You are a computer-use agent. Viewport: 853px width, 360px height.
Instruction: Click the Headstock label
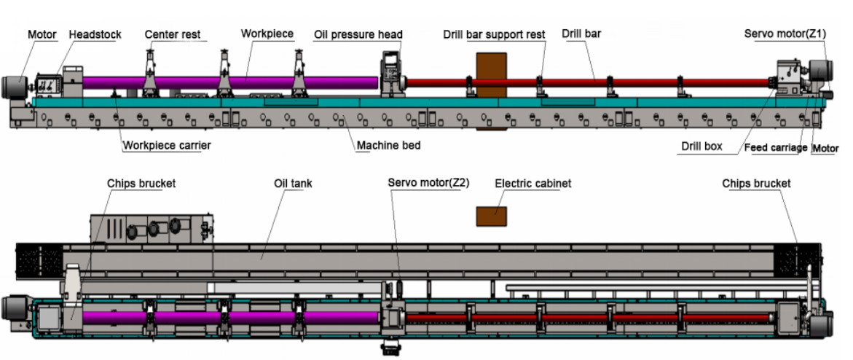95,34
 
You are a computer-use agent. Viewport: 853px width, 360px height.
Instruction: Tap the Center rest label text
172,34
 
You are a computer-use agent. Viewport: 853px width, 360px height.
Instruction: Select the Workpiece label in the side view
267,34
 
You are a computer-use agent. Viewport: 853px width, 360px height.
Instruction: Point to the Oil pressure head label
358,34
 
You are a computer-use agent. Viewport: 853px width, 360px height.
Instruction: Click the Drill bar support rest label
494,34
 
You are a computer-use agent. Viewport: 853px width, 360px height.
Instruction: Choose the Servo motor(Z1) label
785,34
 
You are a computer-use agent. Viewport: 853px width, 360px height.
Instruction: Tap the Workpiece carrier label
167,145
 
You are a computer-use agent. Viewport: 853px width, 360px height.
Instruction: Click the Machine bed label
388,145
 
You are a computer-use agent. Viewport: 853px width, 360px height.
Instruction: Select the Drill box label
701,146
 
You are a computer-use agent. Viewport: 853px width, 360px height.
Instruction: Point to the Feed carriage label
775,148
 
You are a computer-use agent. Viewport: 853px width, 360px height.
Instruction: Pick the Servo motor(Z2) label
428,183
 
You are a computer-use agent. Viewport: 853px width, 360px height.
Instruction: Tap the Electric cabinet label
532,184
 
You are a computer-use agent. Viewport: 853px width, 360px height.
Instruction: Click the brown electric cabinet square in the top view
491,216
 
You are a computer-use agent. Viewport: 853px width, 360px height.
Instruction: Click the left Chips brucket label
141,184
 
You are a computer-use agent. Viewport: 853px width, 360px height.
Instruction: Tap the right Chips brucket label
756,184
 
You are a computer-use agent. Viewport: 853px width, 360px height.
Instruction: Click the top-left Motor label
42,34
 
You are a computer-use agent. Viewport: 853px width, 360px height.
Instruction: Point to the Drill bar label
581,34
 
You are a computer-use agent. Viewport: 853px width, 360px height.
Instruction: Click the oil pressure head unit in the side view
392,73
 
